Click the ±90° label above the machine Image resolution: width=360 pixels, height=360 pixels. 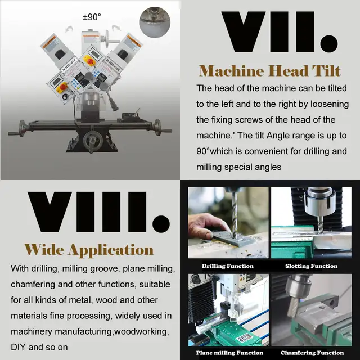(x=92, y=17)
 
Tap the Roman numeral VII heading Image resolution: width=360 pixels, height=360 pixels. (x=280, y=32)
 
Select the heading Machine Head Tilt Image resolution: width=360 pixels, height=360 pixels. (x=270, y=71)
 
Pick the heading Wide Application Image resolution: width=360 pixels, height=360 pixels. (x=89, y=249)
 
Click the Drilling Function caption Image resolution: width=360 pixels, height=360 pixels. (x=228, y=265)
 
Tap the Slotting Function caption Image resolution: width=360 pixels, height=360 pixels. (x=312, y=265)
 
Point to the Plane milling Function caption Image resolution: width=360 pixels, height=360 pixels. (x=229, y=353)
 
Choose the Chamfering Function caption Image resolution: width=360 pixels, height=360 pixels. (x=312, y=353)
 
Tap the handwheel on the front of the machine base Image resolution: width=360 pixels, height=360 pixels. (x=90, y=141)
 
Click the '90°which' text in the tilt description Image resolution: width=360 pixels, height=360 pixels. (x=222, y=151)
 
